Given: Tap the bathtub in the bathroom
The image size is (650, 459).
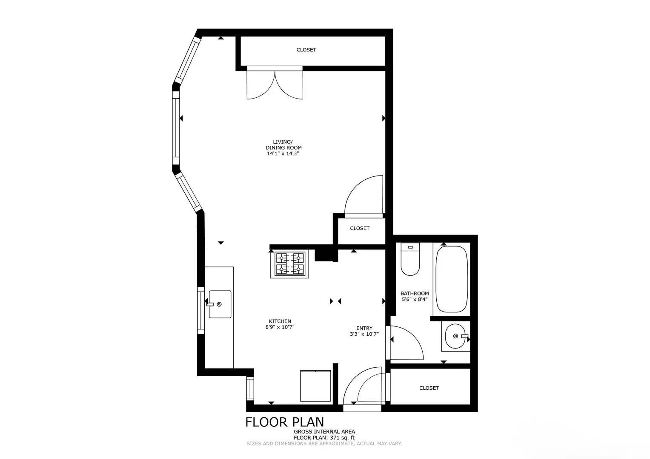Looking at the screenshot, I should point(451,279).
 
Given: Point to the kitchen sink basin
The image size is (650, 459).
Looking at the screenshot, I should point(220,304).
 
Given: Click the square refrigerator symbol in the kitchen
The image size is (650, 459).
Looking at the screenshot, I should point(315,386).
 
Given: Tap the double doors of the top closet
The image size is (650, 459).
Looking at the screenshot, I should point(275,84).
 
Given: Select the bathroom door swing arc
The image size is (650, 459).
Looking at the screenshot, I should point(407,343).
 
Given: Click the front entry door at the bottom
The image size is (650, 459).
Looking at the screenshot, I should point(362,387).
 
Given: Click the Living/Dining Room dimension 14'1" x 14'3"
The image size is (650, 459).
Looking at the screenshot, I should point(283,154).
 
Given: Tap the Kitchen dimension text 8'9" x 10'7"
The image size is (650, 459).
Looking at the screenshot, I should point(280,327).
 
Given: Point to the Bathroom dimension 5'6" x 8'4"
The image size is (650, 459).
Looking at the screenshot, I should point(415,299).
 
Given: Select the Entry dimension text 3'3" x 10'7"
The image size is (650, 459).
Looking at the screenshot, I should point(364,334).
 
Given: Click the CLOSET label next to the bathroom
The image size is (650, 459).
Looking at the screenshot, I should point(429,388).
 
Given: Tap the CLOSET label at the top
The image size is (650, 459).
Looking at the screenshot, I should point(306,50).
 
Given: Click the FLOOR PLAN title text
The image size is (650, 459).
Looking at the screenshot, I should point(284,422).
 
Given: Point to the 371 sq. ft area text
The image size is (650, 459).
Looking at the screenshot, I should point(341,438).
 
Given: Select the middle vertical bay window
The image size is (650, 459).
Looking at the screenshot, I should point(175,127).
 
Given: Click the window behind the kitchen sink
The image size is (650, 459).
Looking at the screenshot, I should point(200,310).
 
